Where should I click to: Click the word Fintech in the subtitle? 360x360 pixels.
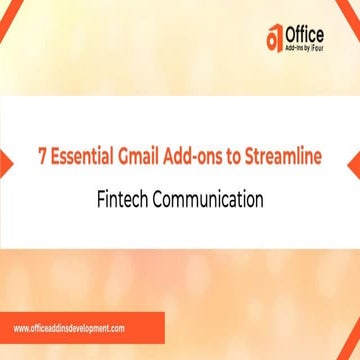click(x=126, y=199)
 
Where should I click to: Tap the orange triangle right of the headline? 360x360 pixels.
click(x=352, y=162)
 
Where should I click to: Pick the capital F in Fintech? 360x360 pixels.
click(x=102, y=199)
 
